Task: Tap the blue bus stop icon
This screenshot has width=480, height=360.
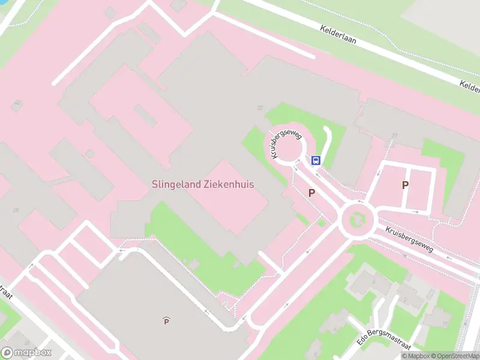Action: click(316, 160)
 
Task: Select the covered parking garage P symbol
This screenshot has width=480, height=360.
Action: click(166, 322)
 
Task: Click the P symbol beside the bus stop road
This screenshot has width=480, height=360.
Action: click(311, 193)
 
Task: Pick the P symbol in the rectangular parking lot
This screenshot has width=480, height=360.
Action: click(405, 185)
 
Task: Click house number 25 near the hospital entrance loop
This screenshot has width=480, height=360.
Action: click(260, 108)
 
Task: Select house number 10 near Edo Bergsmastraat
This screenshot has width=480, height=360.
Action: click(445, 324)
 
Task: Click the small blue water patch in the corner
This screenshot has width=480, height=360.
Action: click(3, 2)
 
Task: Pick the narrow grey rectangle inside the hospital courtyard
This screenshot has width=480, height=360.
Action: click(146, 115)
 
